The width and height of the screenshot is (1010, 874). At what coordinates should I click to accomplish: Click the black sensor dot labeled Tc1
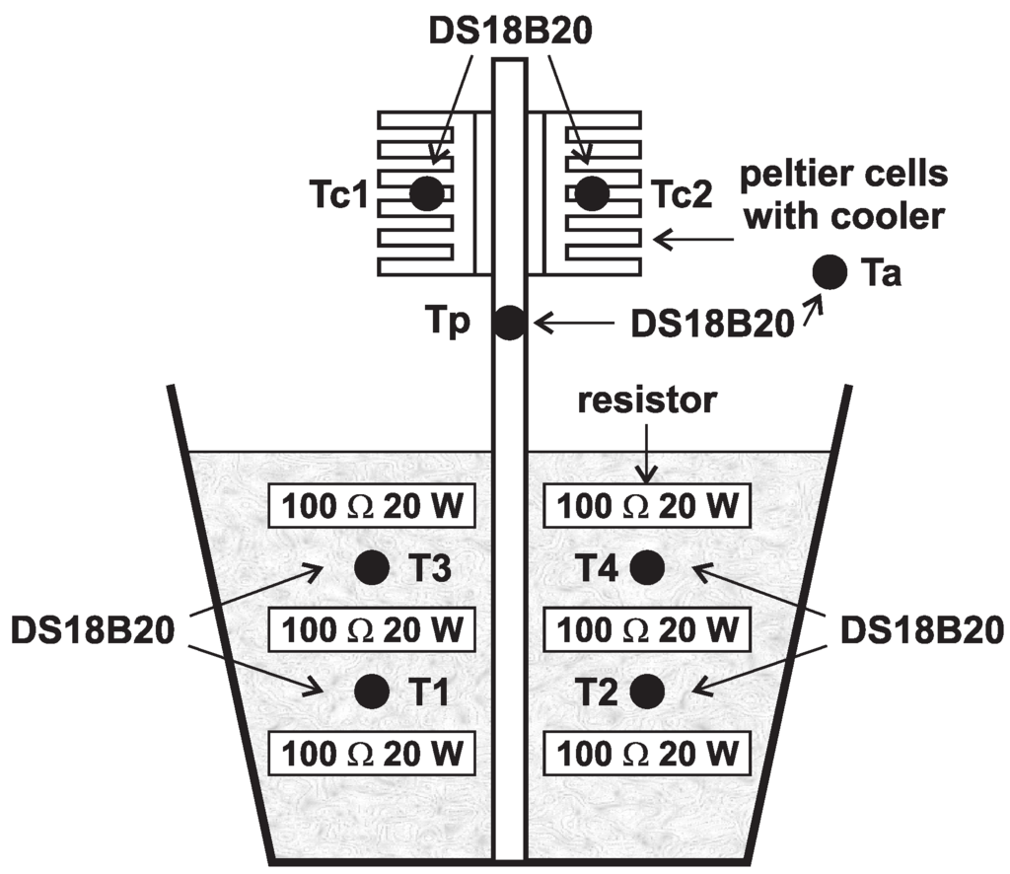pyautogui.click(x=426, y=193)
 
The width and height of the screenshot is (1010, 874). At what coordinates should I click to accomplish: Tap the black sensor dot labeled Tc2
pyautogui.click(x=591, y=193)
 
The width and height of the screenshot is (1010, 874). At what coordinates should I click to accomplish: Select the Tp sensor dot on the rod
pyautogui.click(x=509, y=323)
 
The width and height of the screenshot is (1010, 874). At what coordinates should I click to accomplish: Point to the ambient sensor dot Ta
pyautogui.click(x=829, y=270)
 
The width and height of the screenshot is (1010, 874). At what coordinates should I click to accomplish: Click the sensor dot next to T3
pyautogui.click(x=371, y=567)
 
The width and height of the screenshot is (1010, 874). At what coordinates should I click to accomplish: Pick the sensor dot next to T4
pyautogui.click(x=648, y=567)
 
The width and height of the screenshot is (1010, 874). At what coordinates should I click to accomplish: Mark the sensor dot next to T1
pyautogui.click(x=371, y=691)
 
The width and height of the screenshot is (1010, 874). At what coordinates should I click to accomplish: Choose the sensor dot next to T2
pyautogui.click(x=648, y=691)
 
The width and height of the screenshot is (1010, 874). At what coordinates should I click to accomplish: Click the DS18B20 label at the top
pyautogui.click(x=509, y=29)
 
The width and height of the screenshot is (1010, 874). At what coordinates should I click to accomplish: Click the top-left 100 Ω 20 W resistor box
pyautogui.click(x=372, y=508)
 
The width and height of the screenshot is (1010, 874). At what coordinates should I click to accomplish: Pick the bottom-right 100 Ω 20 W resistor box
pyautogui.click(x=647, y=755)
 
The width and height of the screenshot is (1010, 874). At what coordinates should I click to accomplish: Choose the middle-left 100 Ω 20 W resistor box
pyautogui.click(x=372, y=628)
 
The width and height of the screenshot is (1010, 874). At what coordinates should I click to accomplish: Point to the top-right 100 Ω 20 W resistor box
pyautogui.click(x=647, y=508)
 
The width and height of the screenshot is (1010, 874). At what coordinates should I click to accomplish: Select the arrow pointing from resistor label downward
pyautogui.click(x=646, y=453)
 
